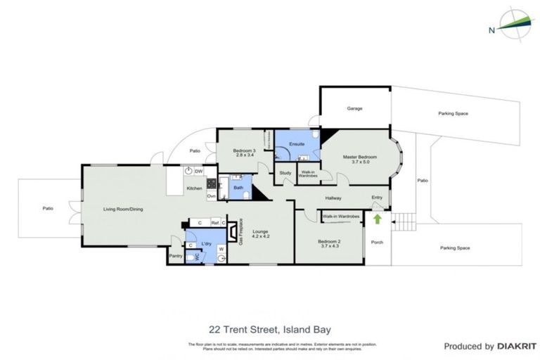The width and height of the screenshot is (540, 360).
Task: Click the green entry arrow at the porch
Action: (377, 219)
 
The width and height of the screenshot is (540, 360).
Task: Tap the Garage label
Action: (354, 109)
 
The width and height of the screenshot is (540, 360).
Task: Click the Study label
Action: (285, 173)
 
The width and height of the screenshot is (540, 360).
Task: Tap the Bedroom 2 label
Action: (329, 243)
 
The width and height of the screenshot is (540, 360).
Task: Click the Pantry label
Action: (175, 256)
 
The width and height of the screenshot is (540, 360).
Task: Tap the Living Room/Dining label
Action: (124, 208)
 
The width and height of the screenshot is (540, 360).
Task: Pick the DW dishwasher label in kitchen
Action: (199, 171)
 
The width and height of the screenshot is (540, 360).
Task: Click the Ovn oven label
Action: (211, 195)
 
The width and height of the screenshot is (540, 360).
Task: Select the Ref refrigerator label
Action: (214, 223)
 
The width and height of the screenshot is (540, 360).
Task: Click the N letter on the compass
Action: (491, 30)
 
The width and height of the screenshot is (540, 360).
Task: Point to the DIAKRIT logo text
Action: (508, 346)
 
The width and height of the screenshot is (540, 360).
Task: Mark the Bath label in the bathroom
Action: (238, 188)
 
